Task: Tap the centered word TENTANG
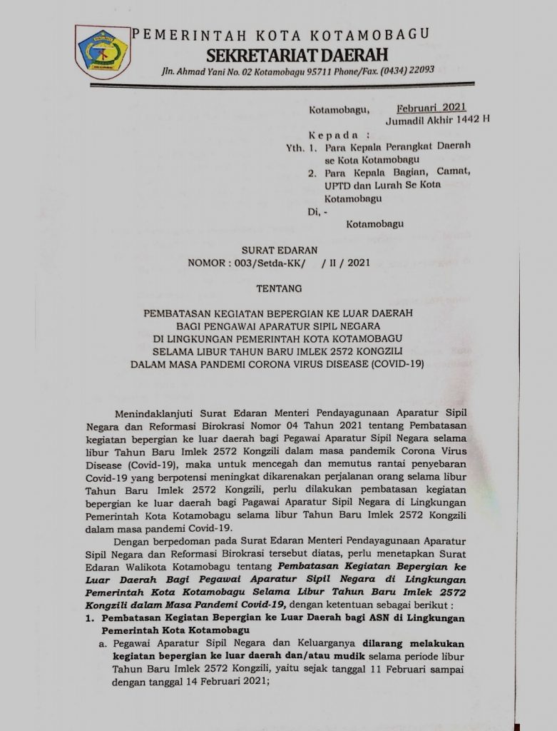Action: point(278,288)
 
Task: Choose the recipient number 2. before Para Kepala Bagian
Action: point(312,172)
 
